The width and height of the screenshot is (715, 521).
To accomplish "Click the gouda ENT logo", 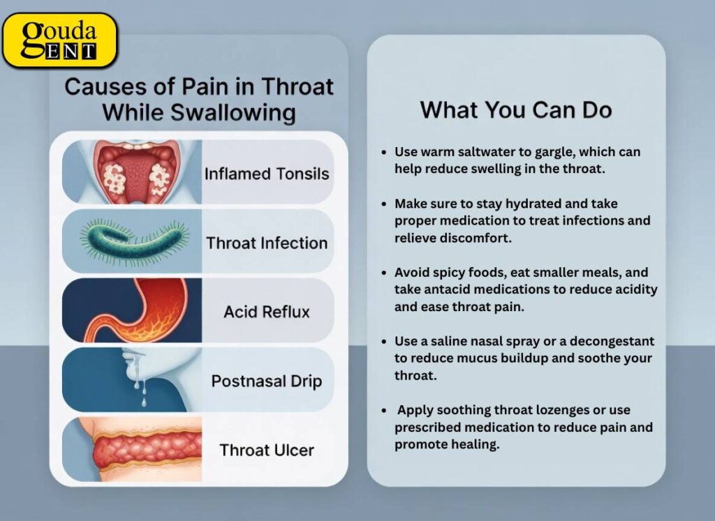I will pos(59,40).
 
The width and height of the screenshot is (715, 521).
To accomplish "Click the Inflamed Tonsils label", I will pos(266,174).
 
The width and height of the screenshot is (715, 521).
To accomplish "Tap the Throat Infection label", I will pos(266,243).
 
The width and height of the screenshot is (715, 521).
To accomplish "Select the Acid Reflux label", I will pos(266,312).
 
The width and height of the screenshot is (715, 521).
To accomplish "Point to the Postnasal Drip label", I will pos(266,382).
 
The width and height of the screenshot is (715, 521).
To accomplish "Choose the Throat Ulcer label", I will pos(266,450).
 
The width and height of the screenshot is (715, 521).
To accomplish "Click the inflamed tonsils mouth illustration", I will pos(133,172).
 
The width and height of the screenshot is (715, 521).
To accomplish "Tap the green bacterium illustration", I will pos(133,241).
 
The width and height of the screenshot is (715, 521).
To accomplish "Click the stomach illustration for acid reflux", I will pos(133,311).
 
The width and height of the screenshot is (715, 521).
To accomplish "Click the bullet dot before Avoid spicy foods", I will pos(385,273).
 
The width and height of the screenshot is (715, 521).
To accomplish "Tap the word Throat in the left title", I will pos(295,87).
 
